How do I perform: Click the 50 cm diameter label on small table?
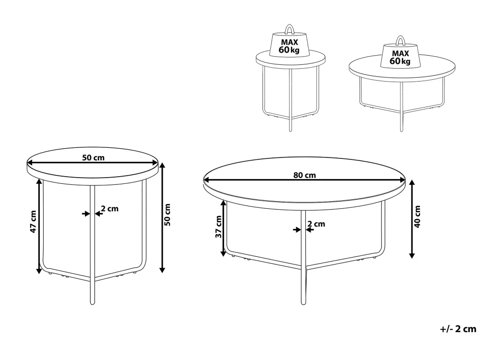pos(93,157)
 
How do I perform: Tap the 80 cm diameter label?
pos(304,175)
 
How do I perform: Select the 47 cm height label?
pos(33,221)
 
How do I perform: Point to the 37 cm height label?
pos(218,227)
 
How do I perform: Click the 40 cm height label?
pos(417,216)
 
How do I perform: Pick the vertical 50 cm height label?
pos(167,215)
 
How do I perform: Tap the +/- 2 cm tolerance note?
pos(458,329)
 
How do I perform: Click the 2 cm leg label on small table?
pos(109,209)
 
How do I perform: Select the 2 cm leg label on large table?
pos(316,224)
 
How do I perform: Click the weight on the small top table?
pos(289,43)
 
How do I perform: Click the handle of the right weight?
pos(400,40)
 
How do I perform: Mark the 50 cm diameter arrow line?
pos(93,163)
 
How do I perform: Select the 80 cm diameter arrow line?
pos(304,180)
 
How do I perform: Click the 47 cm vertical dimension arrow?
pos(39,226)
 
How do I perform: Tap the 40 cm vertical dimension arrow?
pos(412,219)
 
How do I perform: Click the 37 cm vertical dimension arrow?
pos(224,228)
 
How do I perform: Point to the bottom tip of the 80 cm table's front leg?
pos(303,304)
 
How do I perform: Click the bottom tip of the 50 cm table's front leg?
pos(93,303)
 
